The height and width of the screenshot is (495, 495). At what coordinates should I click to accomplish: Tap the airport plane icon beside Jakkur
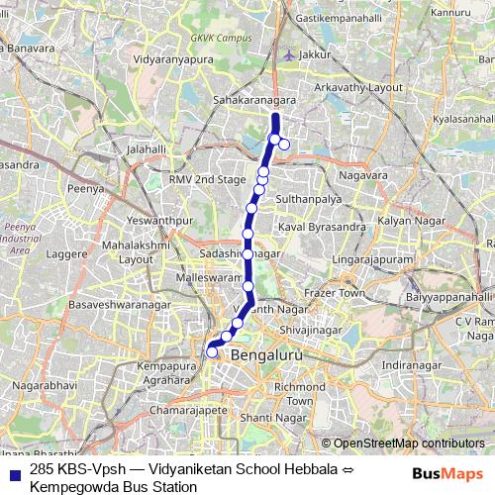(288, 54)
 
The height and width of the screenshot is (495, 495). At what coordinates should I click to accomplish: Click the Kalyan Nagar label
(406, 219)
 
